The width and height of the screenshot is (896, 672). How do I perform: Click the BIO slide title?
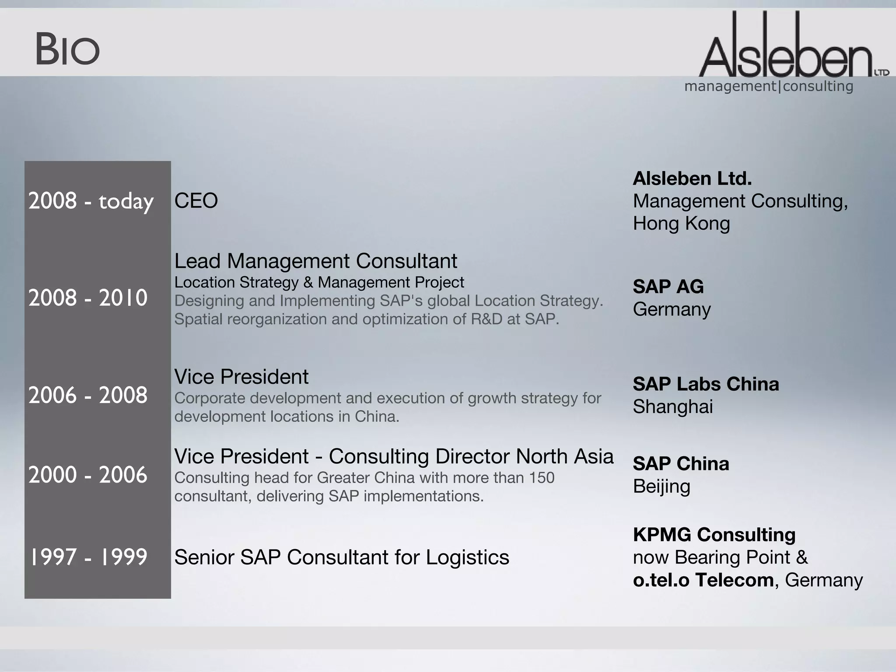(68, 50)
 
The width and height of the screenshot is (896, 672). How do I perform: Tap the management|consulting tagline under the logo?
(769, 86)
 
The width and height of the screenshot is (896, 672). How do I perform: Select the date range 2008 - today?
(91, 201)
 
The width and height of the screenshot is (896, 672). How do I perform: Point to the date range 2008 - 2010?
(88, 298)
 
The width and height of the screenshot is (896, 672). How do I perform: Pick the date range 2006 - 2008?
(88, 395)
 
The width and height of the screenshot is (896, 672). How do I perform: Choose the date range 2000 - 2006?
(88, 475)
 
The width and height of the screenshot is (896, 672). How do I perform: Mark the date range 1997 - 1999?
(88, 557)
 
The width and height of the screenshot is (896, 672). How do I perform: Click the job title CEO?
(196, 201)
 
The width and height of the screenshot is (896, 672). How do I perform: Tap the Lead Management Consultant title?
(315, 261)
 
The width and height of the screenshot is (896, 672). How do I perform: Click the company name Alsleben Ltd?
(692, 178)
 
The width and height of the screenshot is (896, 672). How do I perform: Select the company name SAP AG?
(668, 287)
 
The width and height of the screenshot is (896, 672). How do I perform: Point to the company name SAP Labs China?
(706, 384)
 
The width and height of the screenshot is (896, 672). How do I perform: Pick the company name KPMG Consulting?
(714, 535)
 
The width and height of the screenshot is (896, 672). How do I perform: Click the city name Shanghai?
(673, 407)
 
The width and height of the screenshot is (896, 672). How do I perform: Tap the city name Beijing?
(661, 486)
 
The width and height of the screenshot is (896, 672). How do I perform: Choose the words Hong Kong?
(681, 224)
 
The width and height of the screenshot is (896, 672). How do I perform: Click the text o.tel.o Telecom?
(703, 580)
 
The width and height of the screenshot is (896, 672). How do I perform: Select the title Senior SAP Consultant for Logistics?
(342, 557)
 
